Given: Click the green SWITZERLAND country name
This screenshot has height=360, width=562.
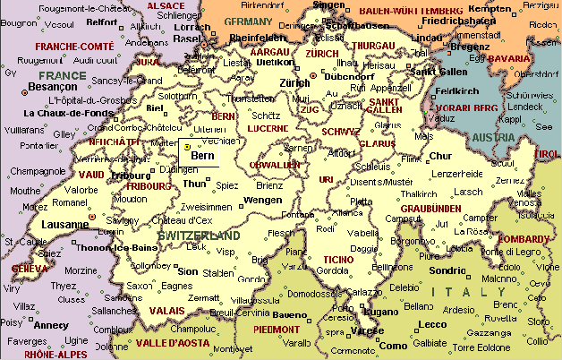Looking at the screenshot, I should (x=199, y=236).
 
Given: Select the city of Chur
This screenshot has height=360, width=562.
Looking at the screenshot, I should (x=441, y=157).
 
